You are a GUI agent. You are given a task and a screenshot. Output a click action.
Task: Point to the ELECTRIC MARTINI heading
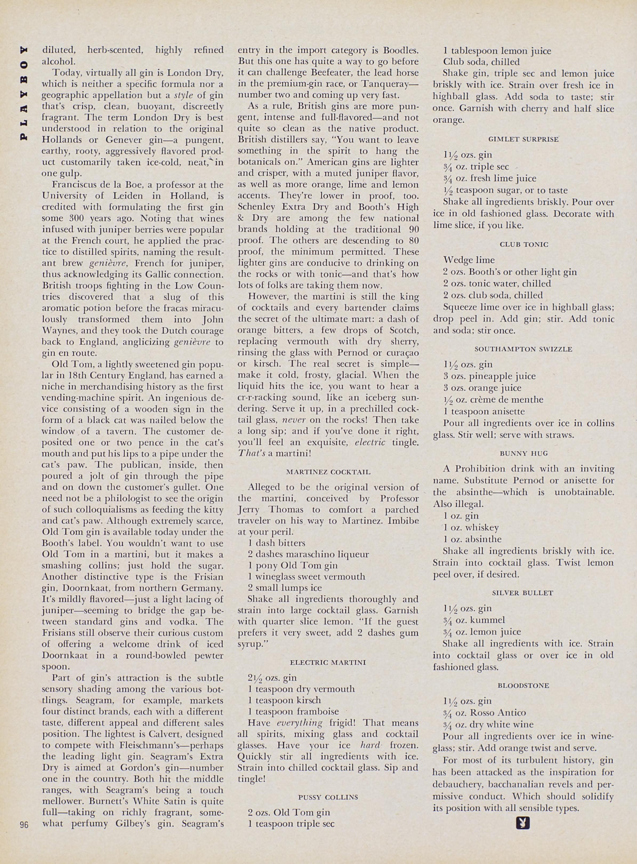[328, 662]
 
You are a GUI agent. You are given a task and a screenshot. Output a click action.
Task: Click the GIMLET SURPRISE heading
[523, 139]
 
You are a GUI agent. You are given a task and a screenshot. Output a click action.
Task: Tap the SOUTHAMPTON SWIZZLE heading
[523, 349]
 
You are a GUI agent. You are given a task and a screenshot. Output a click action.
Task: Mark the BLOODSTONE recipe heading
[523, 686]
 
